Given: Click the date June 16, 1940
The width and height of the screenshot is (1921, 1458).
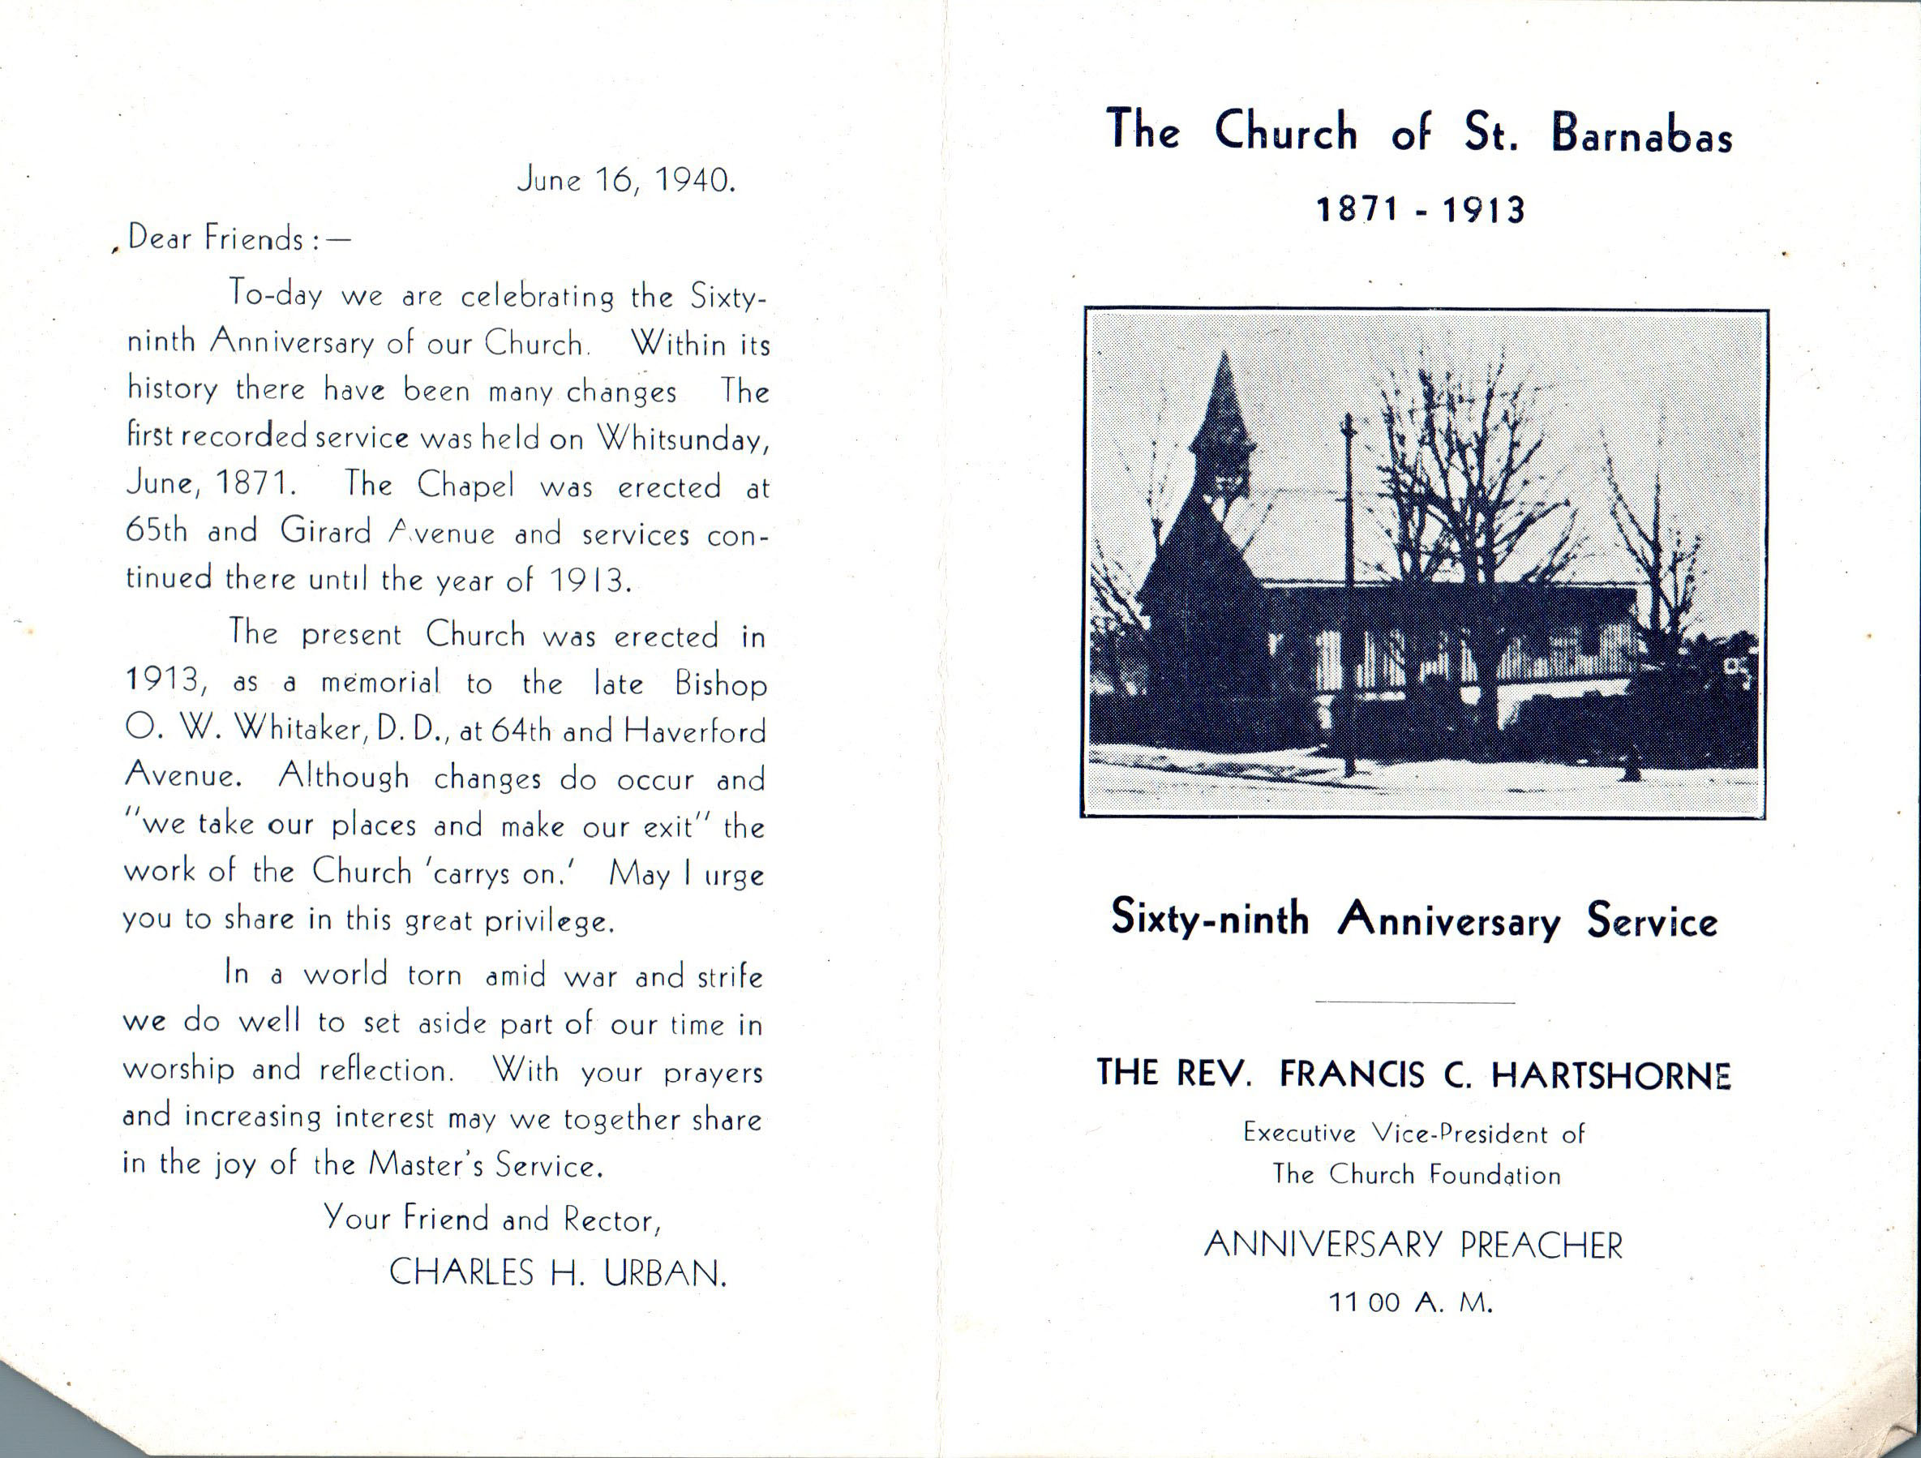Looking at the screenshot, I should [x=626, y=181].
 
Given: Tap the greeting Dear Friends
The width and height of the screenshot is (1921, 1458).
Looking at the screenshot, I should [x=217, y=238].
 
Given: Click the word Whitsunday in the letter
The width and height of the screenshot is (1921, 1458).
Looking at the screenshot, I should [x=683, y=439].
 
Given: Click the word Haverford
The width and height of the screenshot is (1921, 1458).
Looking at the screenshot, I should [x=695, y=731].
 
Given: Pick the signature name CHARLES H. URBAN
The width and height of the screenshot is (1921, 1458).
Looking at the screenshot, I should [x=556, y=1273].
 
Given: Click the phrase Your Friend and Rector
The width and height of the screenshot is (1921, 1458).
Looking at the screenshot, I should [x=492, y=1220].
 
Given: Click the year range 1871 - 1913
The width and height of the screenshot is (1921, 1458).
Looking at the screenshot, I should [x=1421, y=210].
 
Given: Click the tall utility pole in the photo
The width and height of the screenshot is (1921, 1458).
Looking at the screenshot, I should [x=1349, y=590].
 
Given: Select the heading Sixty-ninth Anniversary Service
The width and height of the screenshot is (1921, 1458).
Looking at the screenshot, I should [x=1414, y=919].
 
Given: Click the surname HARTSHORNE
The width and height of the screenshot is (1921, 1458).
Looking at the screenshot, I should [x=1611, y=1075].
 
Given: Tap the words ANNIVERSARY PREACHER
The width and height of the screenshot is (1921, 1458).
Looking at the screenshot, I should [x=1413, y=1246].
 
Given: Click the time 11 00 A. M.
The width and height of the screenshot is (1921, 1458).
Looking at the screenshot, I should [x=1411, y=1303].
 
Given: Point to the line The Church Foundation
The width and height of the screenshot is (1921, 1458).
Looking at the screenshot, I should [x=1417, y=1175].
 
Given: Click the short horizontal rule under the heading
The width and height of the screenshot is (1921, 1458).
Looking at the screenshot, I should [x=1415, y=1003].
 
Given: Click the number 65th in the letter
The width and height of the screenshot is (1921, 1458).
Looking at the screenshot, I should [x=157, y=530].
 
